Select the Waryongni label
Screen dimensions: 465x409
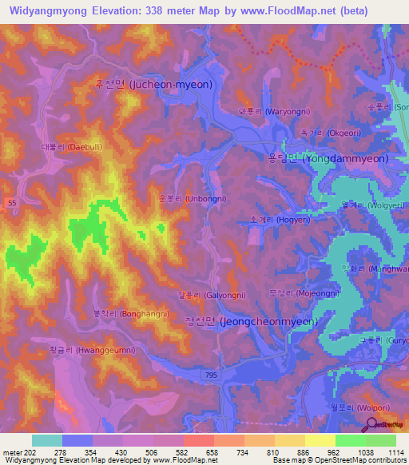tap(268, 111)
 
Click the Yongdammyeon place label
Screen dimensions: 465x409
tap(328, 158)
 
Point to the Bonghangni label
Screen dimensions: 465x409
tap(132, 314)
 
